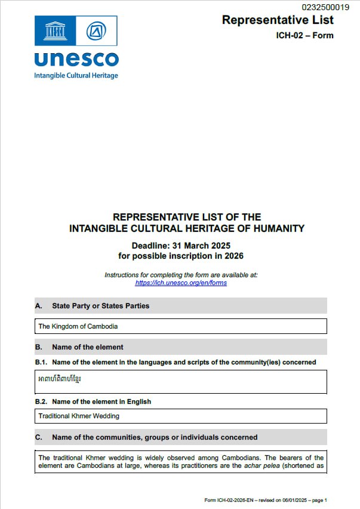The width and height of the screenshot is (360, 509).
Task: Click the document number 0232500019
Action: coord(325,7)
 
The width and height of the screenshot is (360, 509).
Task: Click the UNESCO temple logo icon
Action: coord(55,30)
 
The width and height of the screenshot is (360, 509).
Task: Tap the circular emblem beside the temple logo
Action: coord(96,30)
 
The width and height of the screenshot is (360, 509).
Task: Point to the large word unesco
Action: coord(76,59)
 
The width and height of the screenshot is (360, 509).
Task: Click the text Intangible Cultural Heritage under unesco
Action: coord(76,76)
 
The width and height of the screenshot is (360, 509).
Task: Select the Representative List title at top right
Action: coord(278,20)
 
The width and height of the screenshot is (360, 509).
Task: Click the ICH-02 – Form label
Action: coord(304,36)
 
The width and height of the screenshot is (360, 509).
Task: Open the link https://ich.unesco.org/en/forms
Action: coord(181,283)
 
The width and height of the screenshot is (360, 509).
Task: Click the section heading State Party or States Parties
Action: coord(100,306)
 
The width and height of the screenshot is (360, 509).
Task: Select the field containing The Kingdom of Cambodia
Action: coord(181,326)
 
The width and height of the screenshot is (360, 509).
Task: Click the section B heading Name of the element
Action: coord(87,347)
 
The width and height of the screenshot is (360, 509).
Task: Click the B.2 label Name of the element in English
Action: coord(101,401)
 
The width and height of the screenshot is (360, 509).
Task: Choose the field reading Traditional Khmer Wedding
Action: coord(181,416)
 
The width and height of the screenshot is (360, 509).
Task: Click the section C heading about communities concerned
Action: coord(154,437)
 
